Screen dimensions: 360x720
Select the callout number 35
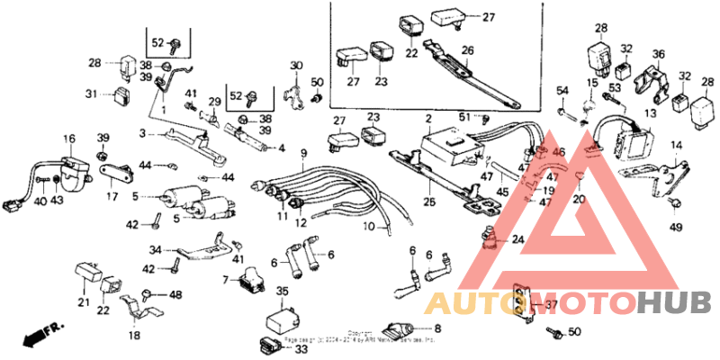282,292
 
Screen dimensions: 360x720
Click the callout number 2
429,119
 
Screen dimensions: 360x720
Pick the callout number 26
468,49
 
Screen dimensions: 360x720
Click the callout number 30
295,65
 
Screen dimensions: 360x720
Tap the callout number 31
91,94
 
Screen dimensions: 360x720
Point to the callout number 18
134,335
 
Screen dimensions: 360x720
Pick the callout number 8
438,328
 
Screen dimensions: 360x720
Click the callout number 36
658,54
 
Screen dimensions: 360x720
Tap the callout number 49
676,226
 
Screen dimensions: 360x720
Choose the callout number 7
226,281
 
